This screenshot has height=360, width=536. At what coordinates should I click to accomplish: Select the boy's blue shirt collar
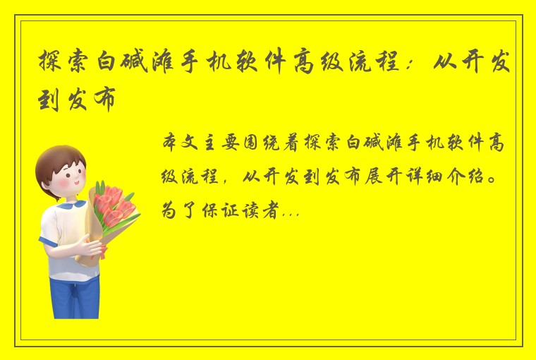[68, 208]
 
